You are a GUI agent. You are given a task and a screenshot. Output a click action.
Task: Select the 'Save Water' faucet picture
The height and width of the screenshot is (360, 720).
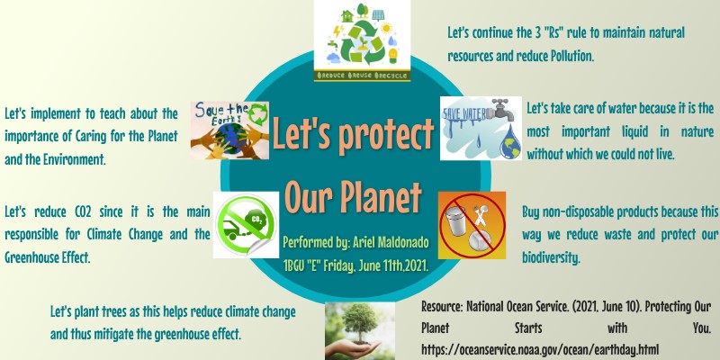pos(481,129)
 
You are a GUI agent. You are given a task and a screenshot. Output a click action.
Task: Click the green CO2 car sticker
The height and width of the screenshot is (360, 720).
pos(244,224)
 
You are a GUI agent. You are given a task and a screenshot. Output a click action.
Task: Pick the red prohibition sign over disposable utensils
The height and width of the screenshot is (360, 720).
pos(472,224)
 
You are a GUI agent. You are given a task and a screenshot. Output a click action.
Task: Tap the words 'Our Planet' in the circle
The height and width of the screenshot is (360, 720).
pos(353,193)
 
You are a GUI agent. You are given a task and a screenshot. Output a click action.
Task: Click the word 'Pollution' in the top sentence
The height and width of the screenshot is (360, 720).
pos(565,56)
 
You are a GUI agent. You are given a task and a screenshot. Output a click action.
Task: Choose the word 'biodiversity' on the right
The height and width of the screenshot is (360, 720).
pos(551,257)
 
